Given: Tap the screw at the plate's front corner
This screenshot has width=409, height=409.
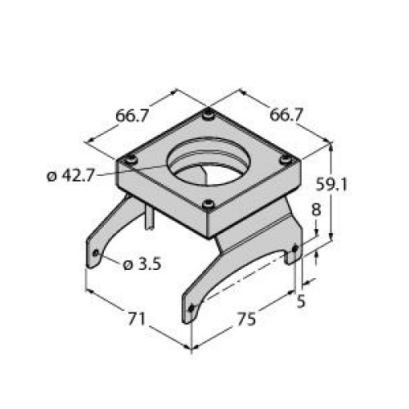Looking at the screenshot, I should point(209,204).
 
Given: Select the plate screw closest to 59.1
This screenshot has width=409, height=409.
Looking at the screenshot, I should point(285,159).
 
